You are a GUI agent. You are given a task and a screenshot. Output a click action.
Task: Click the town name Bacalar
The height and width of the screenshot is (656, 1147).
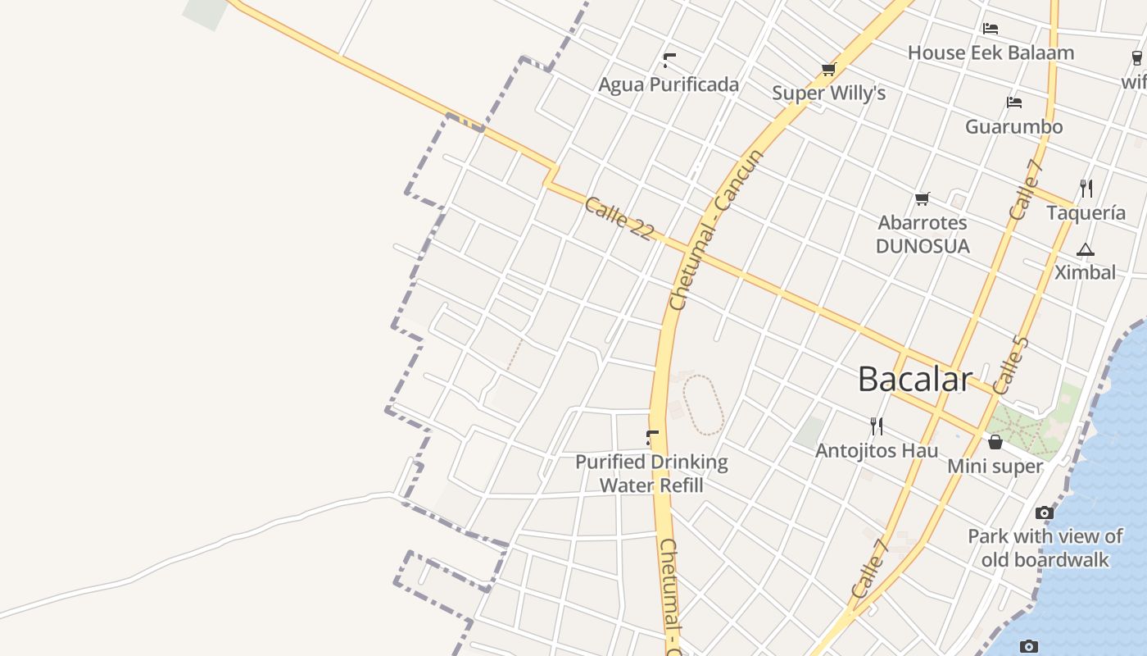coord(915,379)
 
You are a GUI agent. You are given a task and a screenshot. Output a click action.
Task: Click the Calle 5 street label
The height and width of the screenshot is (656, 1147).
coord(1009,365)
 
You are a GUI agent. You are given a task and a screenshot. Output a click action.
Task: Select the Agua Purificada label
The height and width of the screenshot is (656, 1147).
coord(669,84)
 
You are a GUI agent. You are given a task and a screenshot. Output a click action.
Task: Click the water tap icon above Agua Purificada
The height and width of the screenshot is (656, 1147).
coord(669,60)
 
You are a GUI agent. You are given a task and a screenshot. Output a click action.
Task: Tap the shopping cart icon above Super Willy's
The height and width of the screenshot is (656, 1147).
coord(828,70)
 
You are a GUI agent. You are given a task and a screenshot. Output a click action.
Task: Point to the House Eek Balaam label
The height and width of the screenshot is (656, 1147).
coord(991,52)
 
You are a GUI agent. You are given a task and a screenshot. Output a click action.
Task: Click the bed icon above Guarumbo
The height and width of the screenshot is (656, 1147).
coord(1014,102)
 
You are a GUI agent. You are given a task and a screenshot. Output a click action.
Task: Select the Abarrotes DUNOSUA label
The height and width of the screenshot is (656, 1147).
coord(923,235)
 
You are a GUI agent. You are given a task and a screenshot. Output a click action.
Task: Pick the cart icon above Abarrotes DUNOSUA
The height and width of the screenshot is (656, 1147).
coord(923,198)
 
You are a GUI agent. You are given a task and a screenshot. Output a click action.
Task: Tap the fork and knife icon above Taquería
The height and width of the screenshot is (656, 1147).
coord(1086,189)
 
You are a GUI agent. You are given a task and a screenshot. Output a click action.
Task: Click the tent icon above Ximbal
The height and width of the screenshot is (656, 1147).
coord(1086,249)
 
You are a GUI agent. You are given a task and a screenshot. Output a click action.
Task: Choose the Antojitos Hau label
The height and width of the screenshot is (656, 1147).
coord(877,450)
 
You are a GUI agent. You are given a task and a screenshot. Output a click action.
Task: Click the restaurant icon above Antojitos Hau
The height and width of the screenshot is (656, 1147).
coord(877,426)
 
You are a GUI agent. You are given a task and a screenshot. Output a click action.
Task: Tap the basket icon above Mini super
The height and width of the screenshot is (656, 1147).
coord(995,442)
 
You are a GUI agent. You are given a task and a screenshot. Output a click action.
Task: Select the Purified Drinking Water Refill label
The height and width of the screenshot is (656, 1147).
coord(651,473)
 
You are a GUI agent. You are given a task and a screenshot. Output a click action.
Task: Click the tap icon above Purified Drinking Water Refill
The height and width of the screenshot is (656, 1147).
coord(652,438)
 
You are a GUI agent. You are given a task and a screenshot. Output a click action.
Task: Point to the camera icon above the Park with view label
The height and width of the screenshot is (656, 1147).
coord(1044,512)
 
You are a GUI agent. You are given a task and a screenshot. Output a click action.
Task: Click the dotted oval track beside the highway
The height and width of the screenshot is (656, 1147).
coord(703,404)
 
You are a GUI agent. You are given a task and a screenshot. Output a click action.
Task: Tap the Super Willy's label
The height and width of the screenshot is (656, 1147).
coord(828,93)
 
